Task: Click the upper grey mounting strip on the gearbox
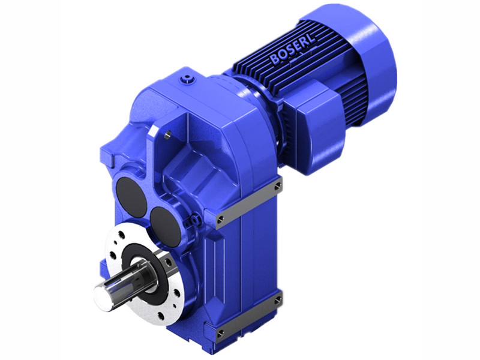249,202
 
